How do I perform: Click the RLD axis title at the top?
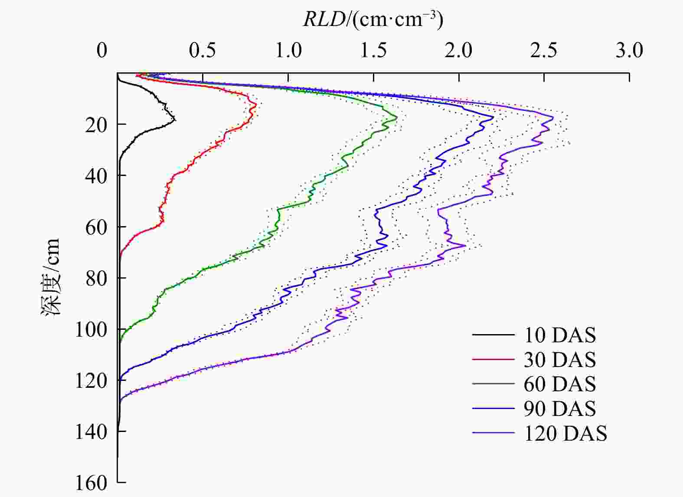(x=373, y=19)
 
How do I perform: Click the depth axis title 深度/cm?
(x=51, y=277)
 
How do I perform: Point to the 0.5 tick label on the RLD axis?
(x=202, y=51)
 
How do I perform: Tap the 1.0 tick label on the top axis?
(x=288, y=51)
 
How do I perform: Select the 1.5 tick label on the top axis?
(x=373, y=51)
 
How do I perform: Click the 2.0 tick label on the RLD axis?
(x=459, y=51)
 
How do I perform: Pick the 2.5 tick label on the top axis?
(x=544, y=51)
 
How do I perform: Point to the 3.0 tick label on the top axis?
(x=629, y=51)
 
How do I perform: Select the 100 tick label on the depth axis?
(x=91, y=330)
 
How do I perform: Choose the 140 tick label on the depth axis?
(x=91, y=432)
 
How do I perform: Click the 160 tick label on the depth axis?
(x=91, y=483)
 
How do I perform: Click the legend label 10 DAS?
(x=560, y=335)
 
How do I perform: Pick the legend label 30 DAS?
(x=560, y=360)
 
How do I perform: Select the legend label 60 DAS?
(x=560, y=384)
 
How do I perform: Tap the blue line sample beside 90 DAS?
(x=493, y=408)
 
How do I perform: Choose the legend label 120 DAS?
(x=565, y=433)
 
